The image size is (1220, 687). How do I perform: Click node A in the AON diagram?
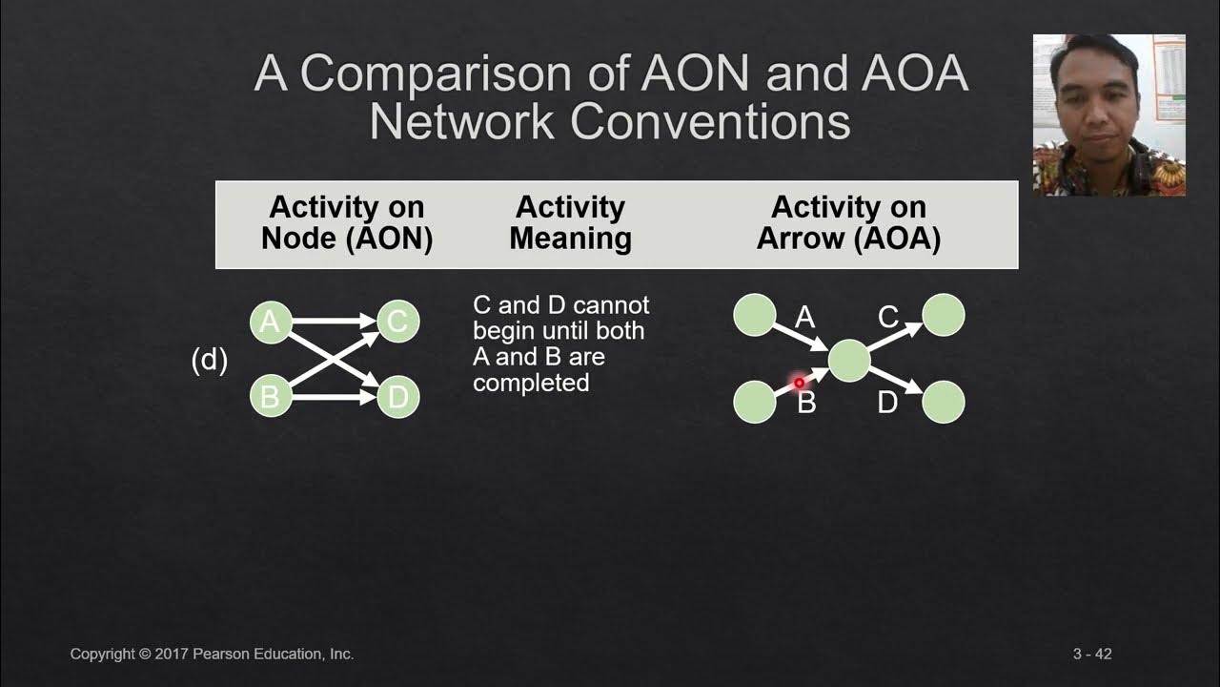270,323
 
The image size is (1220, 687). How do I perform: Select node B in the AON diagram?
270,396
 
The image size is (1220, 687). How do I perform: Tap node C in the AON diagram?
397,322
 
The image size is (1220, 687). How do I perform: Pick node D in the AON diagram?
397,396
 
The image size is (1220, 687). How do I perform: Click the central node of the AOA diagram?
848,361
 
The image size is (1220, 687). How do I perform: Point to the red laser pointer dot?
800,383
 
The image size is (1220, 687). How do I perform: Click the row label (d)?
210,360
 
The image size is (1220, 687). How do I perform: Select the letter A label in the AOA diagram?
805,318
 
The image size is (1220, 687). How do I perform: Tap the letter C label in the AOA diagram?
887,317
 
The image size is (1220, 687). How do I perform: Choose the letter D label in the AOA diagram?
887,403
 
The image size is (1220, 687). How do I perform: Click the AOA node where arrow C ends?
944,315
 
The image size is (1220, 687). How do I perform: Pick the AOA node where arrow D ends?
944,402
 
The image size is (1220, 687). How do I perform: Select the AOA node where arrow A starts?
754,315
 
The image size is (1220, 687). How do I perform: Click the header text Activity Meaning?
570,223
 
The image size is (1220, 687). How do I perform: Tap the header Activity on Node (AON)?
347,223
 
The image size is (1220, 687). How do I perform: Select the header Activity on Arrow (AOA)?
848,223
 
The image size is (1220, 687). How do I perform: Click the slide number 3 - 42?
1092,655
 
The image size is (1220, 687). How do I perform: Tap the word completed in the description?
531,383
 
